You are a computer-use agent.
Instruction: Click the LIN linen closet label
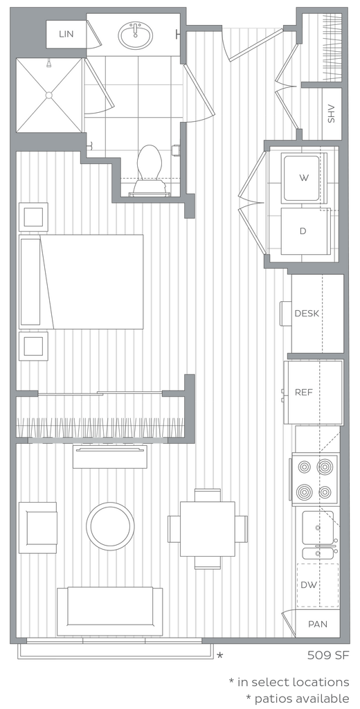(x=66, y=34)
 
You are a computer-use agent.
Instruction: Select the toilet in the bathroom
(x=149, y=170)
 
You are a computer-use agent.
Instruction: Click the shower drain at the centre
(x=48, y=94)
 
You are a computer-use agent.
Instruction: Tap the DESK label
(x=307, y=314)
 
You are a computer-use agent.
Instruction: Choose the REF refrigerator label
(x=304, y=392)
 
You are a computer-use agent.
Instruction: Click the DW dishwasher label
(x=309, y=584)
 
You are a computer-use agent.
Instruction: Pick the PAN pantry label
(x=318, y=624)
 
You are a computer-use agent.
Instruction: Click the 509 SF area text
(x=328, y=654)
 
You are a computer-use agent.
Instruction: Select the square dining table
(x=208, y=528)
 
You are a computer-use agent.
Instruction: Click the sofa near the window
(x=110, y=611)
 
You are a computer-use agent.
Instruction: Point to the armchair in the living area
(x=38, y=527)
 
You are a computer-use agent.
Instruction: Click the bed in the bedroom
(x=82, y=281)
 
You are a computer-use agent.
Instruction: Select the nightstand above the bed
(x=33, y=217)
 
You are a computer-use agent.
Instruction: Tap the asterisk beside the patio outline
(x=219, y=655)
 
